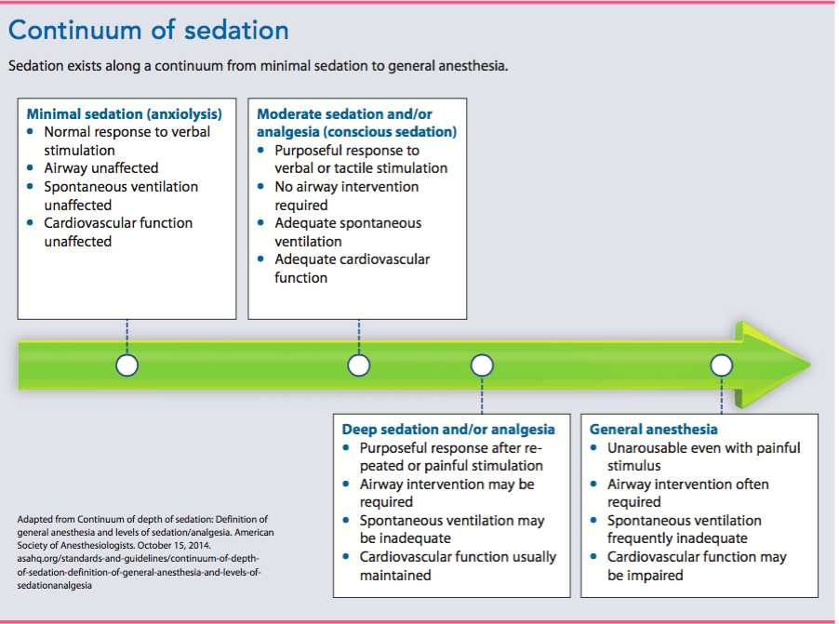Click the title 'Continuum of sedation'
tap(149, 30)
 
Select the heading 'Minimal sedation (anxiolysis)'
tap(124, 114)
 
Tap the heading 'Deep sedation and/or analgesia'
tap(448, 430)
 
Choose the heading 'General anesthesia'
tap(654, 430)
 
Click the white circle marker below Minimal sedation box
tap(127, 365)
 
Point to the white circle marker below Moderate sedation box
tap(359, 365)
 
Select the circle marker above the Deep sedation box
tap(482, 365)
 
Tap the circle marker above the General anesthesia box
tap(722, 365)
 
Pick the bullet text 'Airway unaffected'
tap(101, 168)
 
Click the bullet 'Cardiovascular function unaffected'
tap(118, 232)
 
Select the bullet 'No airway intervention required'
tap(346, 195)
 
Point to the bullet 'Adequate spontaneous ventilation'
tap(347, 232)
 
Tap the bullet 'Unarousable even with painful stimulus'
tap(703, 457)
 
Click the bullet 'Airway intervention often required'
tap(688, 493)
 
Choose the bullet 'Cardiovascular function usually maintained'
tap(458, 565)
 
